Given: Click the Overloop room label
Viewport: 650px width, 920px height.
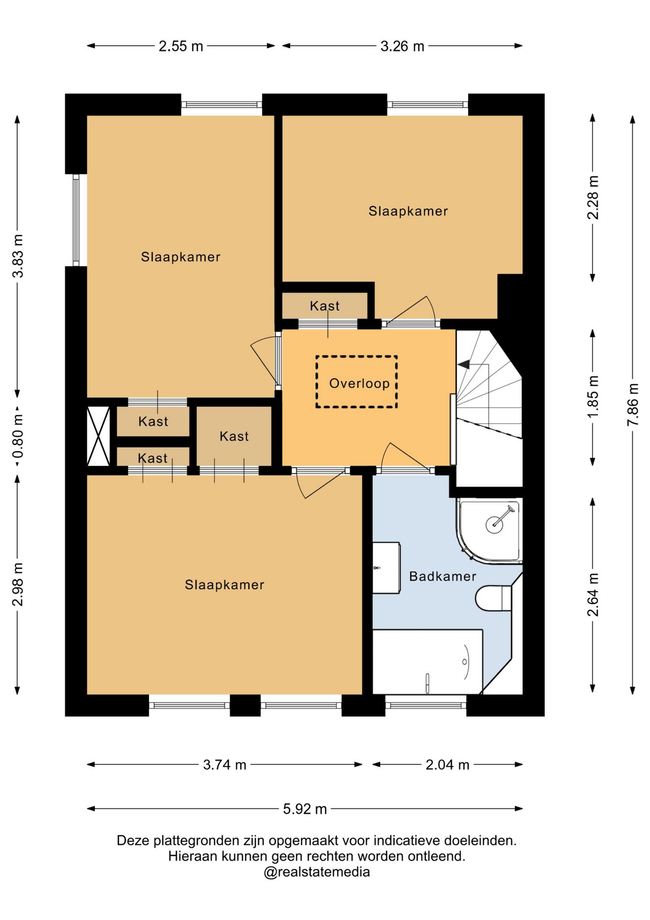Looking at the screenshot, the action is [x=359, y=383].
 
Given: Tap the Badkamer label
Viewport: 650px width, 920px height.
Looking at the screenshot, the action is [x=443, y=576].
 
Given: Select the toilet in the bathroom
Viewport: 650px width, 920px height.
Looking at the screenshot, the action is [x=493, y=598].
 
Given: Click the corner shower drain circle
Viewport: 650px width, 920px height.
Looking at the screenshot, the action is [x=494, y=524].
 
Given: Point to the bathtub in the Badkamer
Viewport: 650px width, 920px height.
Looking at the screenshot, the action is [x=427, y=662].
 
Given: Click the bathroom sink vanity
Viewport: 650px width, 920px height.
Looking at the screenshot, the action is [x=386, y=568].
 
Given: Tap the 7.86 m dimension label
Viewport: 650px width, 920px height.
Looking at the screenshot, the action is [x=633, y=404].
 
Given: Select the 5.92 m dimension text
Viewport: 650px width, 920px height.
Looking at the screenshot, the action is [x=305, y=809].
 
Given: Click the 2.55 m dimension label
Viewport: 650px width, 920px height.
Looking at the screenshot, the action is [x=181, y=46].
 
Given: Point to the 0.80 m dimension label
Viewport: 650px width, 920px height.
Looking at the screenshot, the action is [x=18, y=437].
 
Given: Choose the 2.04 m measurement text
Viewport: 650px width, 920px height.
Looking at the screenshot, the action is [x=448, y=765].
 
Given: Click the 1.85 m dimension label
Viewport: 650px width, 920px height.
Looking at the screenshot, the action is [x=593, y=397].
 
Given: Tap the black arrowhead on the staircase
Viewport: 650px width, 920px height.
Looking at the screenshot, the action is [x=463, y=365].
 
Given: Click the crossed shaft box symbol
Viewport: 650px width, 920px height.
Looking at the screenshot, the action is [x=98, y=436].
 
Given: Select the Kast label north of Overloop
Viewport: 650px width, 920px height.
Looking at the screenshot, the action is [x=325, y=306].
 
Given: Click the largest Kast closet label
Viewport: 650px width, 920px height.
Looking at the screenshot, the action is [x=234, y=436].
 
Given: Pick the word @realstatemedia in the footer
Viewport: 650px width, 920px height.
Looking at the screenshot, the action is [x=316, y=872].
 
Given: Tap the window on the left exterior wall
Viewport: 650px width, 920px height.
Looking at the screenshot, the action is [x=76, y=220].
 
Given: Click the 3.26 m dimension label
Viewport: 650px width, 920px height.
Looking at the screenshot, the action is [x=402, y=46].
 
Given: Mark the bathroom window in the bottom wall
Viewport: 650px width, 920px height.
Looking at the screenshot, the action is [x=426, y=705].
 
